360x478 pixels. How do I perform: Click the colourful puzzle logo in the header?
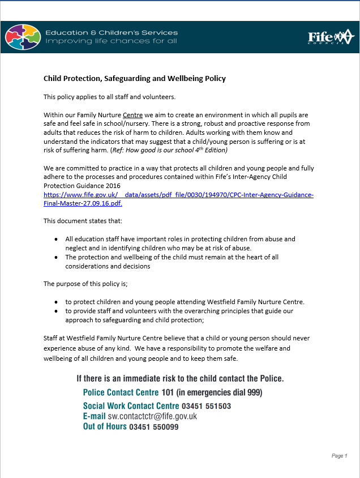(23, 37)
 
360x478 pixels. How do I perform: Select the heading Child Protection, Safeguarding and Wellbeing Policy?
(135, 78)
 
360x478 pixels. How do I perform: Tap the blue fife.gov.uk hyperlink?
(178, 199)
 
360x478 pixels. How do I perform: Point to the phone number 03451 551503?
(206, 406)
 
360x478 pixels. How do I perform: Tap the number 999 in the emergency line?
(254, 392)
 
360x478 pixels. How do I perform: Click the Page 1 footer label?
(339, 456)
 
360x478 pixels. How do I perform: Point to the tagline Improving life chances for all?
(111, 41)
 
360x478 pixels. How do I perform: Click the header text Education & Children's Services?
(111, 32)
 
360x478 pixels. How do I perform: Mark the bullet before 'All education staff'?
(55, 240)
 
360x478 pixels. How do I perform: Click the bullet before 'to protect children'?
(55, 302)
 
